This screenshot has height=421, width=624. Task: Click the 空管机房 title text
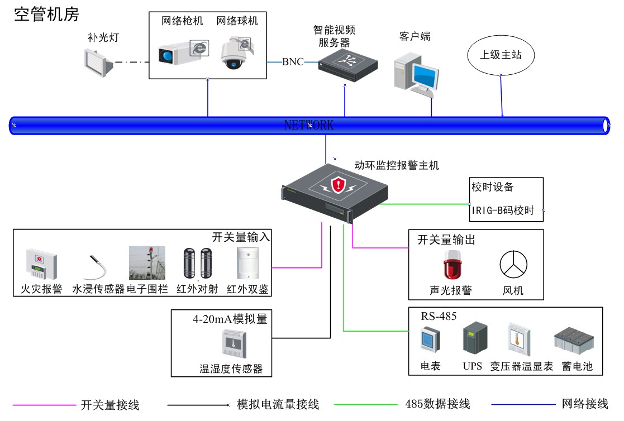[46, 15]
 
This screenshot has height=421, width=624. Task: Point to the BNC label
[293, 62]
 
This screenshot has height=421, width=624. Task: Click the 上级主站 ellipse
[501, 55]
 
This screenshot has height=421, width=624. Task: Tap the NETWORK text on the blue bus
[309, 125]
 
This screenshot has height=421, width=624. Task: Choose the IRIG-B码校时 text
[502, 210]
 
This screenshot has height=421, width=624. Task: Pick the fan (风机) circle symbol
[512, 265]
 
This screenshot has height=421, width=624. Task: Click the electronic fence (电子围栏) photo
[147, 263]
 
